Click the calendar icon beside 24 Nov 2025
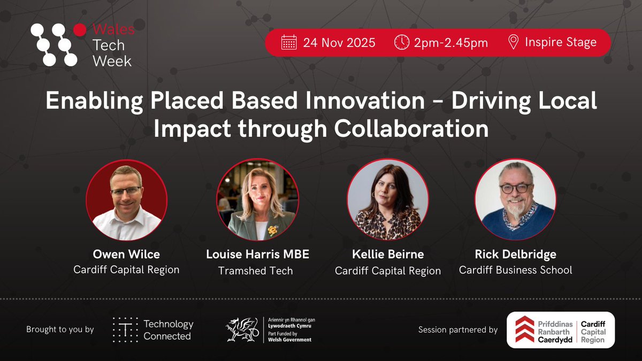(289, 42)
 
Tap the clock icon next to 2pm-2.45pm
(401, 42)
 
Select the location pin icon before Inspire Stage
(513, 42)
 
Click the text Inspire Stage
(560, 42)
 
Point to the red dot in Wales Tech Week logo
(80, 30)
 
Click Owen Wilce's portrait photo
(126, 199)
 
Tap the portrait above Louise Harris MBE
(257, 199)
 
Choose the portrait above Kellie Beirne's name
(388, 199)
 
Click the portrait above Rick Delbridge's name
(516, 199)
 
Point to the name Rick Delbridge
(515, 254)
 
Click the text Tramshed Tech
(256, 271)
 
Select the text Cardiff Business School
(515, 270)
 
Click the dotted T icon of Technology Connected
(124, 330)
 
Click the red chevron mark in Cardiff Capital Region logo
(525, 330)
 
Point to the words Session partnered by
(457, 330)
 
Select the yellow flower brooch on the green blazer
(273, 231)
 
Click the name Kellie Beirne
(388, 255)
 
